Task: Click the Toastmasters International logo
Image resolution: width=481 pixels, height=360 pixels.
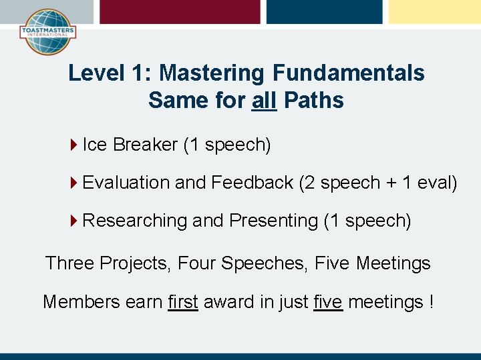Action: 47,31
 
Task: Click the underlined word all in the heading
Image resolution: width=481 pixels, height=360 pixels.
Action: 265,101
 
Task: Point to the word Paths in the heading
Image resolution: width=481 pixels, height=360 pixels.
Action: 313,101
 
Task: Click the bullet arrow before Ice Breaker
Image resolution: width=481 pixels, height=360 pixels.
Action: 73,144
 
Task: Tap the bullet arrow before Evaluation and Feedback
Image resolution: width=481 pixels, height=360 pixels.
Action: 73,182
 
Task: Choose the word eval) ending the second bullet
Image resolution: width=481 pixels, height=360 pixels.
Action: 437,182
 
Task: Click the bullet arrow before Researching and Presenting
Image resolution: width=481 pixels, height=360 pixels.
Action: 73,220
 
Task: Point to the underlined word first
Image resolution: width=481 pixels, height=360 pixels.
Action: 183,302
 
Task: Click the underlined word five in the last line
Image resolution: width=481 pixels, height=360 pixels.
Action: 327,302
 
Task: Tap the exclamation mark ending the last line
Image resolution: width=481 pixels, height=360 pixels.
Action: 431,302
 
